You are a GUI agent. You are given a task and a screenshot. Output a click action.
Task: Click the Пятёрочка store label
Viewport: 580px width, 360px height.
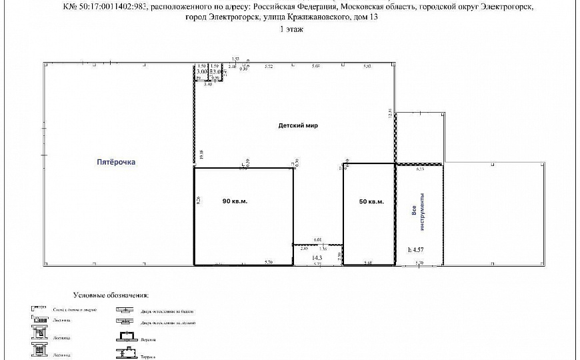point(120,161)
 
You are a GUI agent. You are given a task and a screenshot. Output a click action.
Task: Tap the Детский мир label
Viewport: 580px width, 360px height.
point(298,125)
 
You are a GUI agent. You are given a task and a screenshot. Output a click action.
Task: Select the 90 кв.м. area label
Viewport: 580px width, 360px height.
point(235,202)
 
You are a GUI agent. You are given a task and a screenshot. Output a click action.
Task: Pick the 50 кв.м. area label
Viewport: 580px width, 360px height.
point(371,202)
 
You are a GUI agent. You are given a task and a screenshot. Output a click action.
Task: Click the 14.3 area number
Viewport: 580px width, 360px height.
point(317,257)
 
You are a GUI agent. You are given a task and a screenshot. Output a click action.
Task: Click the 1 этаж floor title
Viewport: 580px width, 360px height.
point(290,30)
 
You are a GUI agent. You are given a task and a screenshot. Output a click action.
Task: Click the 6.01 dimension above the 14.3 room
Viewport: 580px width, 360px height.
point(317,240)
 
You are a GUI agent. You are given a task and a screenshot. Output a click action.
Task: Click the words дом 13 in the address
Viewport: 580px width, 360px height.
point(370,18)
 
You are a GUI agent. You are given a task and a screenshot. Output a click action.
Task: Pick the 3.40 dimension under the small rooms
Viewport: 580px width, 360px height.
point(208,84)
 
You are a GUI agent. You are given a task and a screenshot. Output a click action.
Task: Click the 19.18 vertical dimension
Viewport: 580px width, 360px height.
point(201,157)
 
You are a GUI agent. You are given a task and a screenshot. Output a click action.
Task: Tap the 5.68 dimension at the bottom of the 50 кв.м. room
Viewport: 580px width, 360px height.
point(369,263)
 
